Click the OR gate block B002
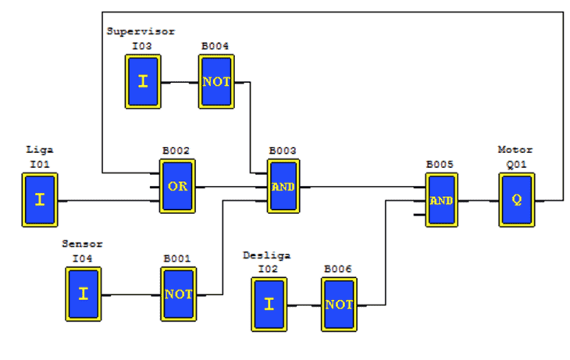coord(177,187)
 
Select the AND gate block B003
coord(283,187)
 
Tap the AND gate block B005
coord(441,201)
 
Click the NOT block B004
coord(216,81)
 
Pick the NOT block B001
coord(179,294)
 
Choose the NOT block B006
coord(339,304)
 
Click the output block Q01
coord(517,200)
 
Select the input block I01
coord(40,200)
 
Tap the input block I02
coord(269,304)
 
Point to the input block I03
coord(144,81)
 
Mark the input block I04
coord(83,294)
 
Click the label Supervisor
coord(141,31)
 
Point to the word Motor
coord(515,149)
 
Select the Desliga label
coord(267,255)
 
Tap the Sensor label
coord(82,244)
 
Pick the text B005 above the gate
coord(440,165)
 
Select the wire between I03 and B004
coord(180,81)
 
